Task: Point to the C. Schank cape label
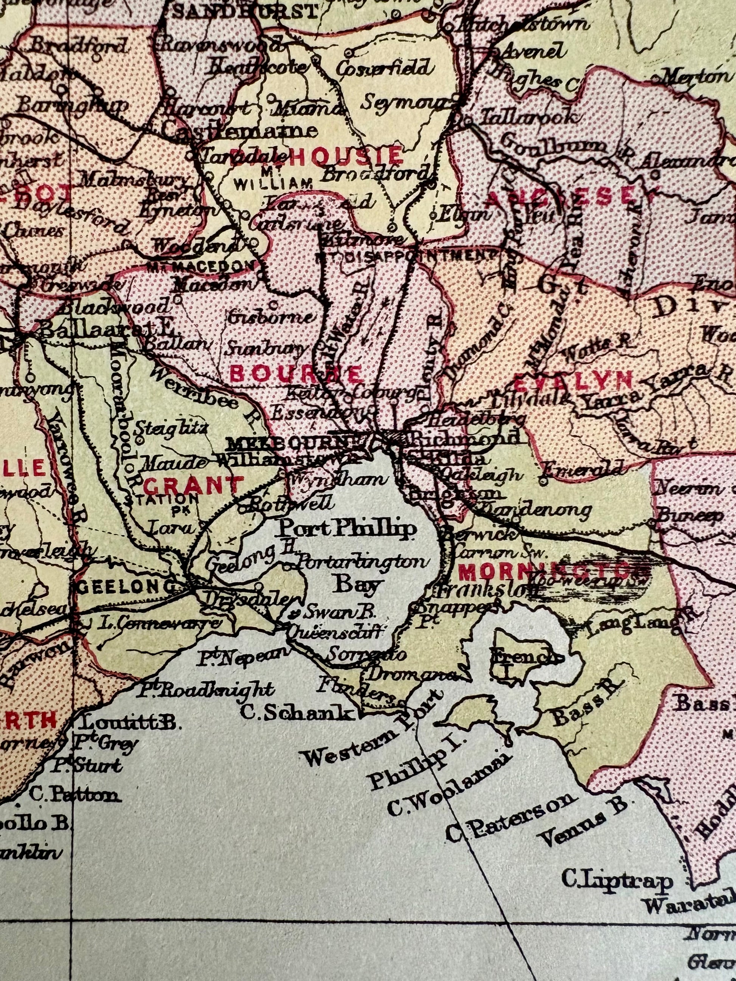pos(297,713)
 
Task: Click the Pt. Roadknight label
pos(205,689)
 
